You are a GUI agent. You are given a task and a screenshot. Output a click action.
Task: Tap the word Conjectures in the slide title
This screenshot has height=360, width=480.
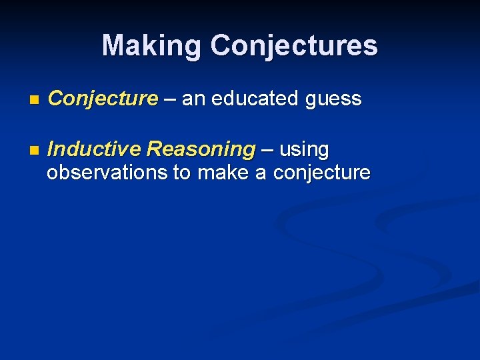[x=294, y=46]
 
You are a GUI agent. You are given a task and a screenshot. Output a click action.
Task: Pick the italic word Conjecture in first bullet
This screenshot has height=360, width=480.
[x=103, y=99]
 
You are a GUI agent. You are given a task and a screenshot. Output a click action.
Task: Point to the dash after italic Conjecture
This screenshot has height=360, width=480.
[x=170, y=99]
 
